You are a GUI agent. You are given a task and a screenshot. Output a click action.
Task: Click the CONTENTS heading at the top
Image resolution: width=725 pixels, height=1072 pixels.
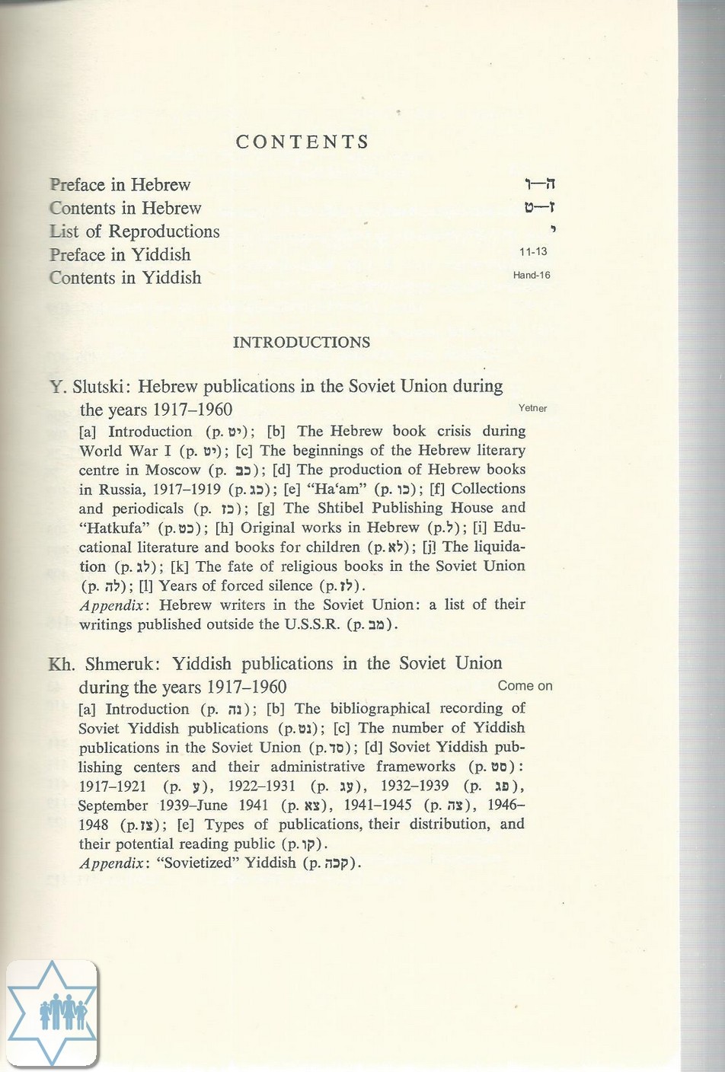[302, 142]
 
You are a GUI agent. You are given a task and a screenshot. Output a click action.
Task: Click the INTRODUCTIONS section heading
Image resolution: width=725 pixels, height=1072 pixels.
[302, 343]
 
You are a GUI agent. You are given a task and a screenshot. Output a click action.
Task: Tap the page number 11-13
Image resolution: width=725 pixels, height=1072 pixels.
[533, 252]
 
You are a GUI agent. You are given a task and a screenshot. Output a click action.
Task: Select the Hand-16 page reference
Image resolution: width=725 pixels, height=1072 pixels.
[532, 276]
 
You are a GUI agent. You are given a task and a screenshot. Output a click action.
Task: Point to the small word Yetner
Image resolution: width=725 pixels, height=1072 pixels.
[532, 408]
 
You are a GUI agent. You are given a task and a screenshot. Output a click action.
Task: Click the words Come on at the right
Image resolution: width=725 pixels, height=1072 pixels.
[525, 686]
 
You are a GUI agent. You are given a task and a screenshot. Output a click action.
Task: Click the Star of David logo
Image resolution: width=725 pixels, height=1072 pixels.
[52, 1013]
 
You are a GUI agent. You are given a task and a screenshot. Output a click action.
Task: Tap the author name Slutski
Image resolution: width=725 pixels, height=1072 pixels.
[97, 387]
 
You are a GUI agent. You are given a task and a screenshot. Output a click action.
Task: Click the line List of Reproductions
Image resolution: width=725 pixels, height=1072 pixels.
[135, 231]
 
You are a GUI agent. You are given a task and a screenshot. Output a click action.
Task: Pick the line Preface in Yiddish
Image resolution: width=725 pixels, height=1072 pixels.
[120, 255]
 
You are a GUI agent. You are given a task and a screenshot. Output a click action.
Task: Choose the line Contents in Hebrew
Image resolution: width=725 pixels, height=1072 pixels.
[126, 209]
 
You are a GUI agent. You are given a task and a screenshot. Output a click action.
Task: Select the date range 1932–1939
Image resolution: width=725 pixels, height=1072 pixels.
[415, 786]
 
